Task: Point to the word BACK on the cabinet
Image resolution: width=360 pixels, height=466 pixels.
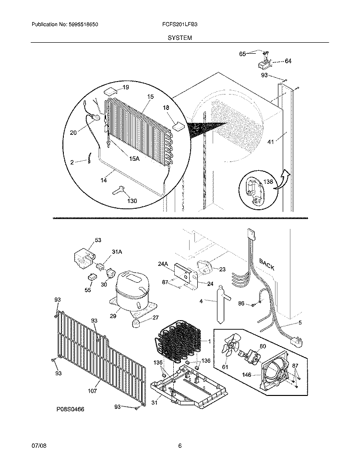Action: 267,264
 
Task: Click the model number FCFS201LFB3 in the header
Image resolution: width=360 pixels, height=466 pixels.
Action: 180,24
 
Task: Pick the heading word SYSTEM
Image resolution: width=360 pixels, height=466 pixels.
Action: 180,37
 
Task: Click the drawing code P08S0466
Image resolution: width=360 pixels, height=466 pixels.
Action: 72,411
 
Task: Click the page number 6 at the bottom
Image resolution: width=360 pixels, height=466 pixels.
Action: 180,446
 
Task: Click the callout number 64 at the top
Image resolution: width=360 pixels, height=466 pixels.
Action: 288,61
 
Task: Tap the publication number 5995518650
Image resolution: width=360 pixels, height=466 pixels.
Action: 82,24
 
